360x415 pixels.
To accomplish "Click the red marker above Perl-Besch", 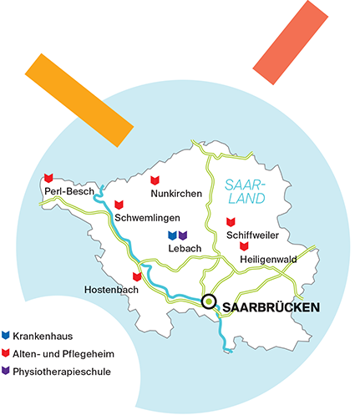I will (48, 177).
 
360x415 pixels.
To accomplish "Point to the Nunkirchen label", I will (176, 195).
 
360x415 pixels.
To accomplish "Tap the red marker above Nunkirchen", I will (155, 180).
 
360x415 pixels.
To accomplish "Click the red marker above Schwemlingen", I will (119, 204).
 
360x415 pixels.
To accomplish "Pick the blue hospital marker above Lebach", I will (172, 236).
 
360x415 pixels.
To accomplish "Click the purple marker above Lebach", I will (183, 236).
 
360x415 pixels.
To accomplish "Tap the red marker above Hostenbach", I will (136, 276).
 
